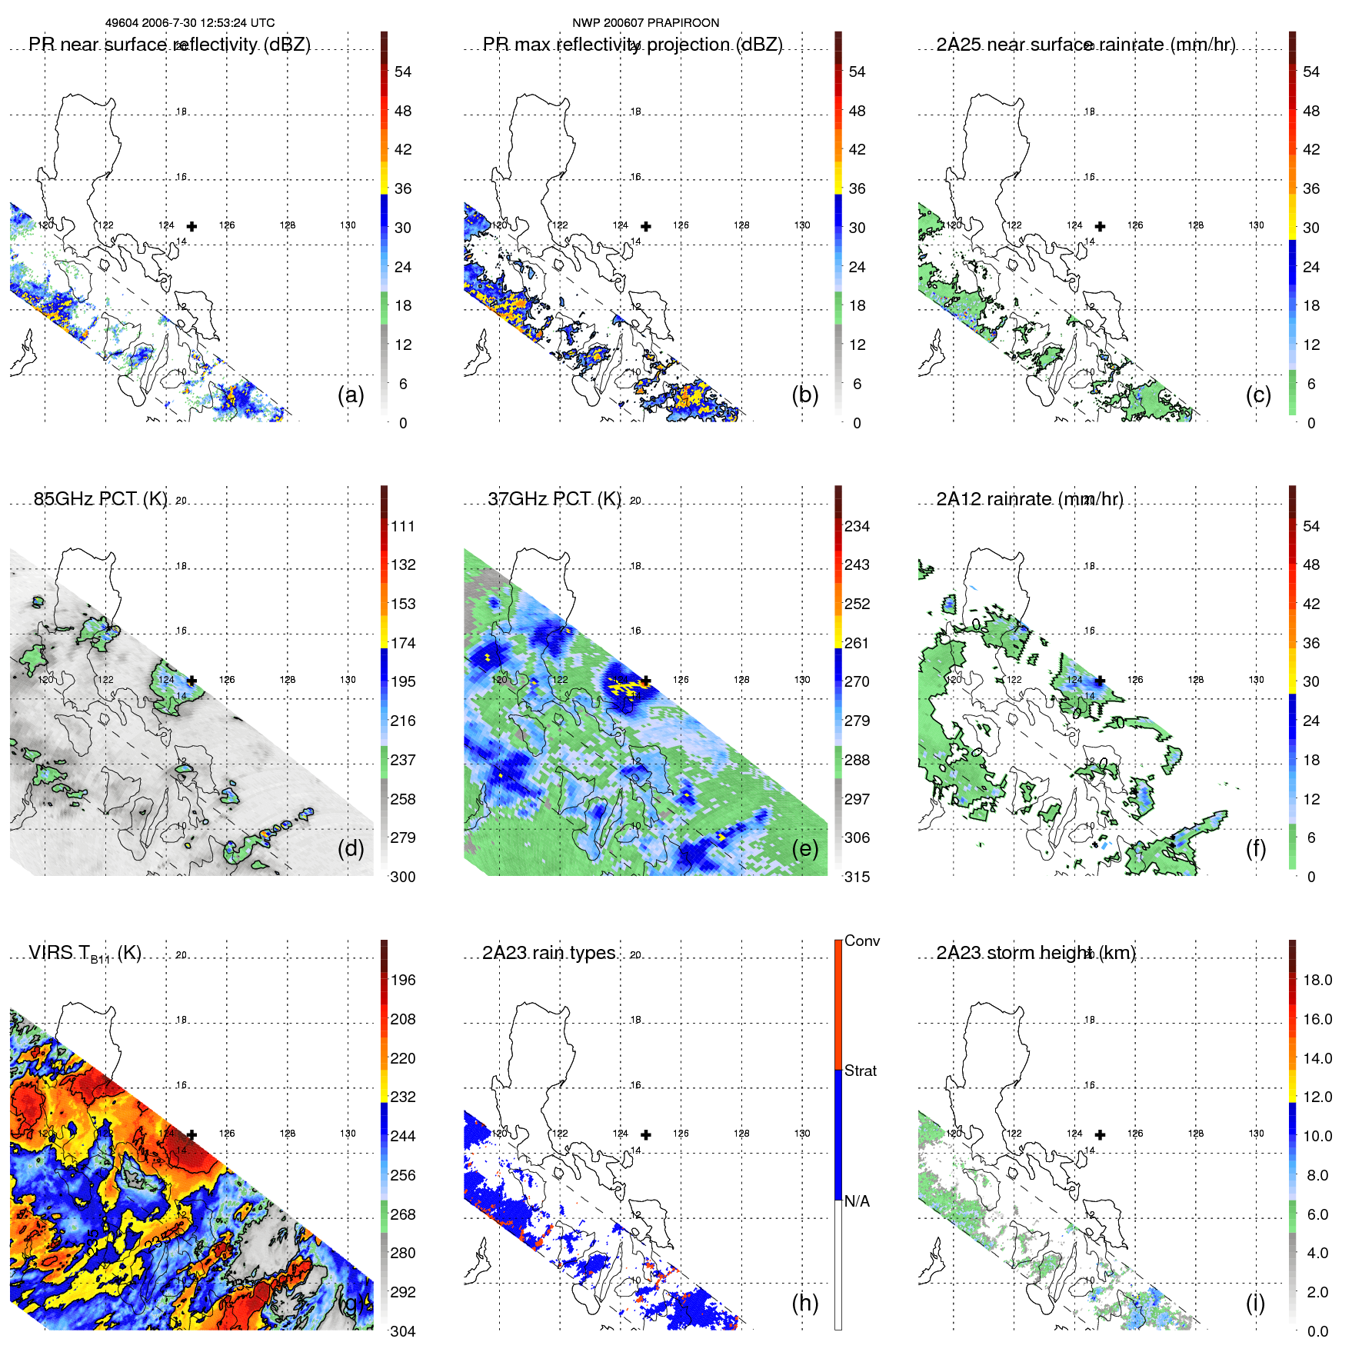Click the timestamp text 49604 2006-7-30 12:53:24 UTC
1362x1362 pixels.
(x=189, y=23)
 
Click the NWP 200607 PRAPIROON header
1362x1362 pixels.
(x=645, y=23)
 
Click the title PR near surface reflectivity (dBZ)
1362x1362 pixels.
(x=169, y=45)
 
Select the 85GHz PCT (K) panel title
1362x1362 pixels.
(x=100, y=499)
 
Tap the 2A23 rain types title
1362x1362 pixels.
(x=548, y=953)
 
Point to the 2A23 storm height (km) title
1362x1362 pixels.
(x=1035, y=953)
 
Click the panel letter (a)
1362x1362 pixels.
(x=351, y=395)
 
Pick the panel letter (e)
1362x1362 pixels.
(x=804, y=848)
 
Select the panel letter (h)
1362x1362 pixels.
(x=804, y=1303)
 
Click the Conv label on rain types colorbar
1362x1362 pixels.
(x=862, y=941)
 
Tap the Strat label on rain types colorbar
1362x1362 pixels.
(x=861, y=1071)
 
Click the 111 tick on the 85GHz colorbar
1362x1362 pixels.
(x=403, y=526)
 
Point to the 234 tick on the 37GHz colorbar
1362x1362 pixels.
(x=857, y=526)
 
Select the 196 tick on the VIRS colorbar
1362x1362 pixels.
(x=403, y=980)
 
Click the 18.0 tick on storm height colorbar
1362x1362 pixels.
(x=1317, y=980)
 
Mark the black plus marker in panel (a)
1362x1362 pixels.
(x=191, y=226)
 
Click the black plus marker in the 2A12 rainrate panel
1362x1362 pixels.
(x=1100, y=681)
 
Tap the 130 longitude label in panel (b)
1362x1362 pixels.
(x=802, y=225)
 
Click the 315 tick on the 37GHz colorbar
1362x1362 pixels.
(x=857, y=877)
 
